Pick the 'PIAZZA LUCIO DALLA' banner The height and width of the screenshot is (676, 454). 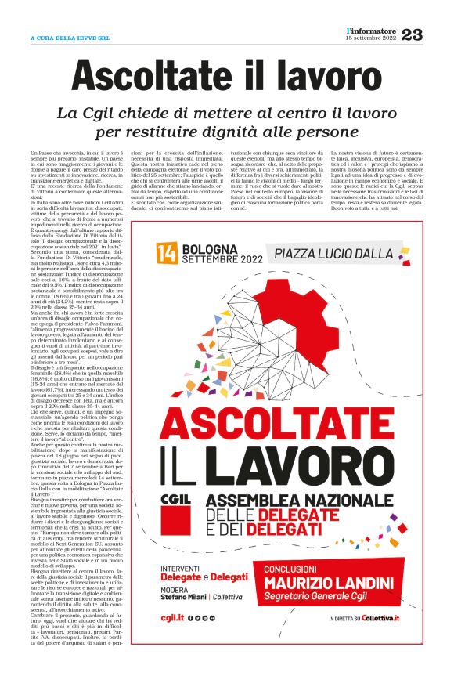click(331, 253)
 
